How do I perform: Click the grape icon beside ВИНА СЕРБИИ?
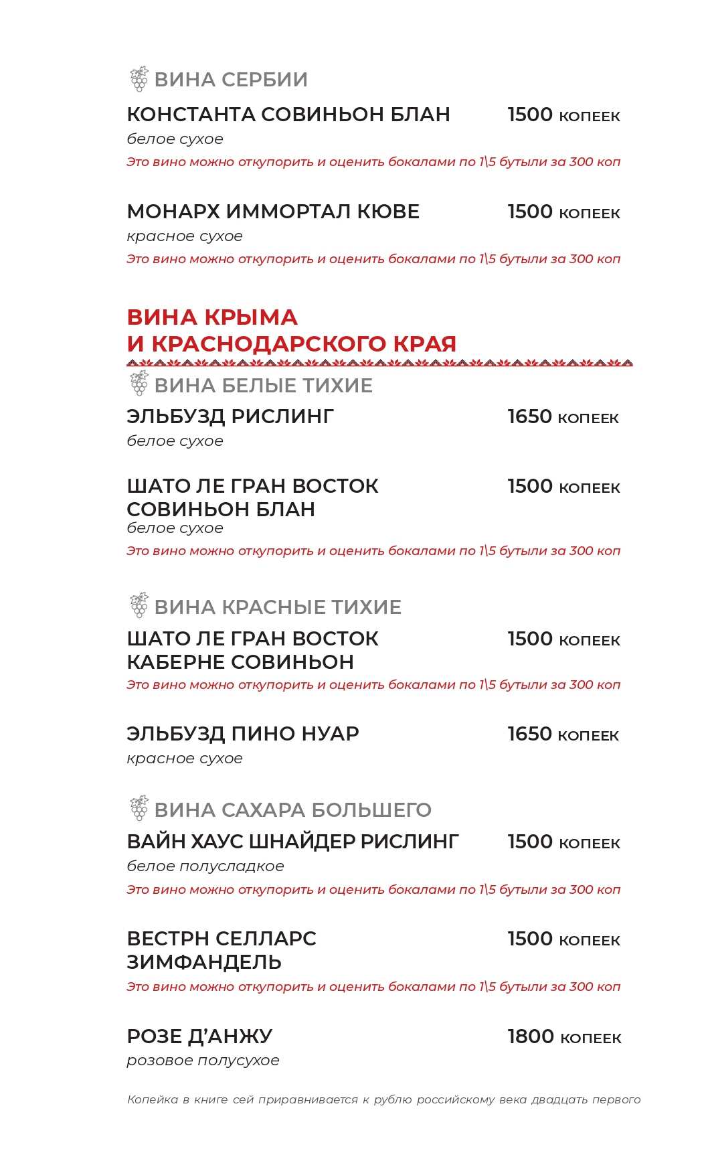click(139, 79)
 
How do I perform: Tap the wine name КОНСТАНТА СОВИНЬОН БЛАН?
click(288, 114)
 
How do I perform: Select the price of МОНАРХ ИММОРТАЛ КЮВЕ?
click(563, 212)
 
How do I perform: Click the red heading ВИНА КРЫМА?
click(212, 317)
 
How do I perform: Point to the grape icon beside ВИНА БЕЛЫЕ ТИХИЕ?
click(139, 384)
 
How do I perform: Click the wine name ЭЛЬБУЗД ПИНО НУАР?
click(242, 734)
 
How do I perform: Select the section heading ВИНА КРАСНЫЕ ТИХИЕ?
click(277, 607)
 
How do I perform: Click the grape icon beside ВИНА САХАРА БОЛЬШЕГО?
click(139, 808)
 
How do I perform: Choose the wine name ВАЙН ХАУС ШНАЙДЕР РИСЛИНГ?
click(292, 842)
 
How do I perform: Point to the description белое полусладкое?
click(205, 866)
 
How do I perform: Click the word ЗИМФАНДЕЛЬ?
click(204, 962)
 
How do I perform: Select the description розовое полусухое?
click(203, 1061)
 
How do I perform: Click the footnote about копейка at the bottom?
click(383, 1099)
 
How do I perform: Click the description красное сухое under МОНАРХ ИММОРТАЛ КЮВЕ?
click(185, 236)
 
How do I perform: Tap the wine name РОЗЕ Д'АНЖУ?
click(199, 1036)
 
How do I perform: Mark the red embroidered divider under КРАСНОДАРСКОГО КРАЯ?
click(379, 364)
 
